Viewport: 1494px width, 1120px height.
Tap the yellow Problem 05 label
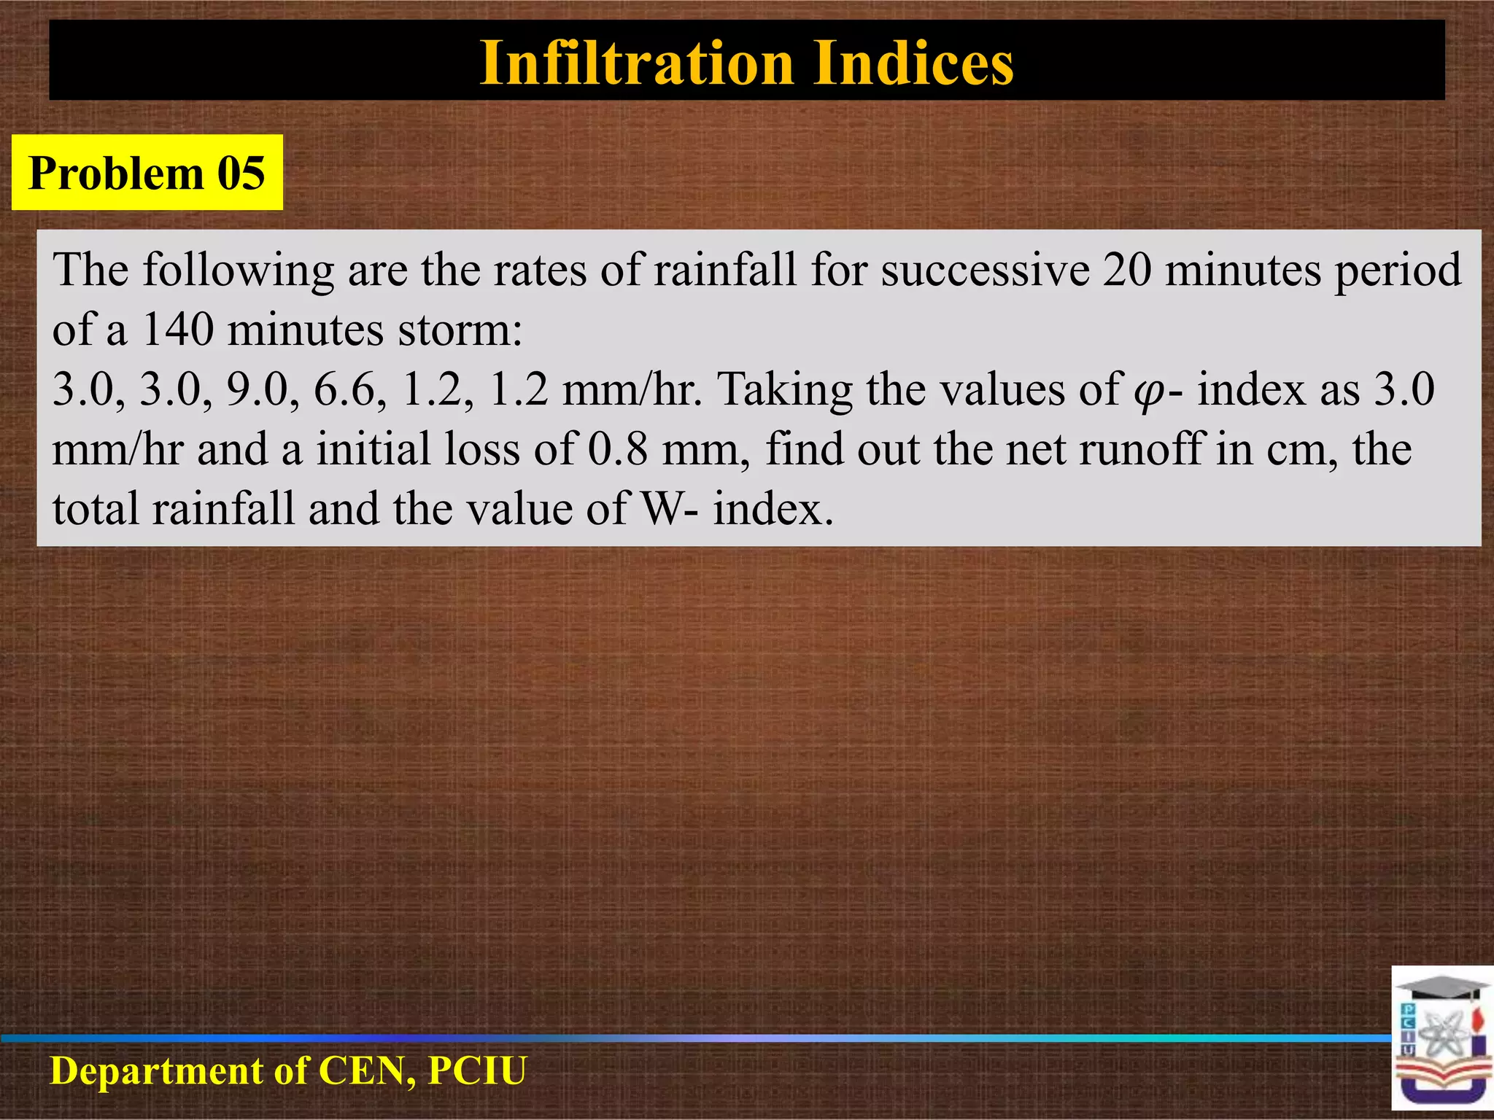click(147, 174)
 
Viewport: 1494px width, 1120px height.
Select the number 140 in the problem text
click(177, 330)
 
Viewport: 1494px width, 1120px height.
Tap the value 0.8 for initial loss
click(617, 449)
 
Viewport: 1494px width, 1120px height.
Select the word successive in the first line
click(985, 270)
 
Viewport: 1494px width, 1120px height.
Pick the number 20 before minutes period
click(1127, 270)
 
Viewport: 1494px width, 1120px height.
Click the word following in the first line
click(238, 270)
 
